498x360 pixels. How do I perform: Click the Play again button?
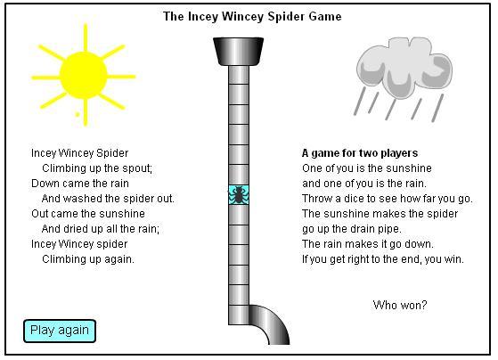click(60, 331)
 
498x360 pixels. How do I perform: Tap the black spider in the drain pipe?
click(239, 195)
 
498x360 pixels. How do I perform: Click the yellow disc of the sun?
click(84, 76)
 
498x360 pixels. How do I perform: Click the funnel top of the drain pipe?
click(238, 52)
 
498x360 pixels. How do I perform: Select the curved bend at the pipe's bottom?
click(269, 324)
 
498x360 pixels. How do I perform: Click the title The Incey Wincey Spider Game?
click(252, 17)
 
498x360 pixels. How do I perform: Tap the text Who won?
click(400, 305)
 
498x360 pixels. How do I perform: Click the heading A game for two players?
click(360, 153)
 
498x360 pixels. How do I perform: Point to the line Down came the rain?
click(80, 184)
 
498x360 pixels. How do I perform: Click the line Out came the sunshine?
click(88, 214)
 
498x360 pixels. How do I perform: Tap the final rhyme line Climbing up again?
click(88, 259)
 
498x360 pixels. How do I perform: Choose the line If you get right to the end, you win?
click(383, 259)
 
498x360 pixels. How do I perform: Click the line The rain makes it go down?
click(368, 244)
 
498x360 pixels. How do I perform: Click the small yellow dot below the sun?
click(78, 114)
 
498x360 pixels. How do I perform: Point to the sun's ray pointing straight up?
click(86, 37)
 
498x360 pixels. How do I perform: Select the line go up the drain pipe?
click(352, 229)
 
